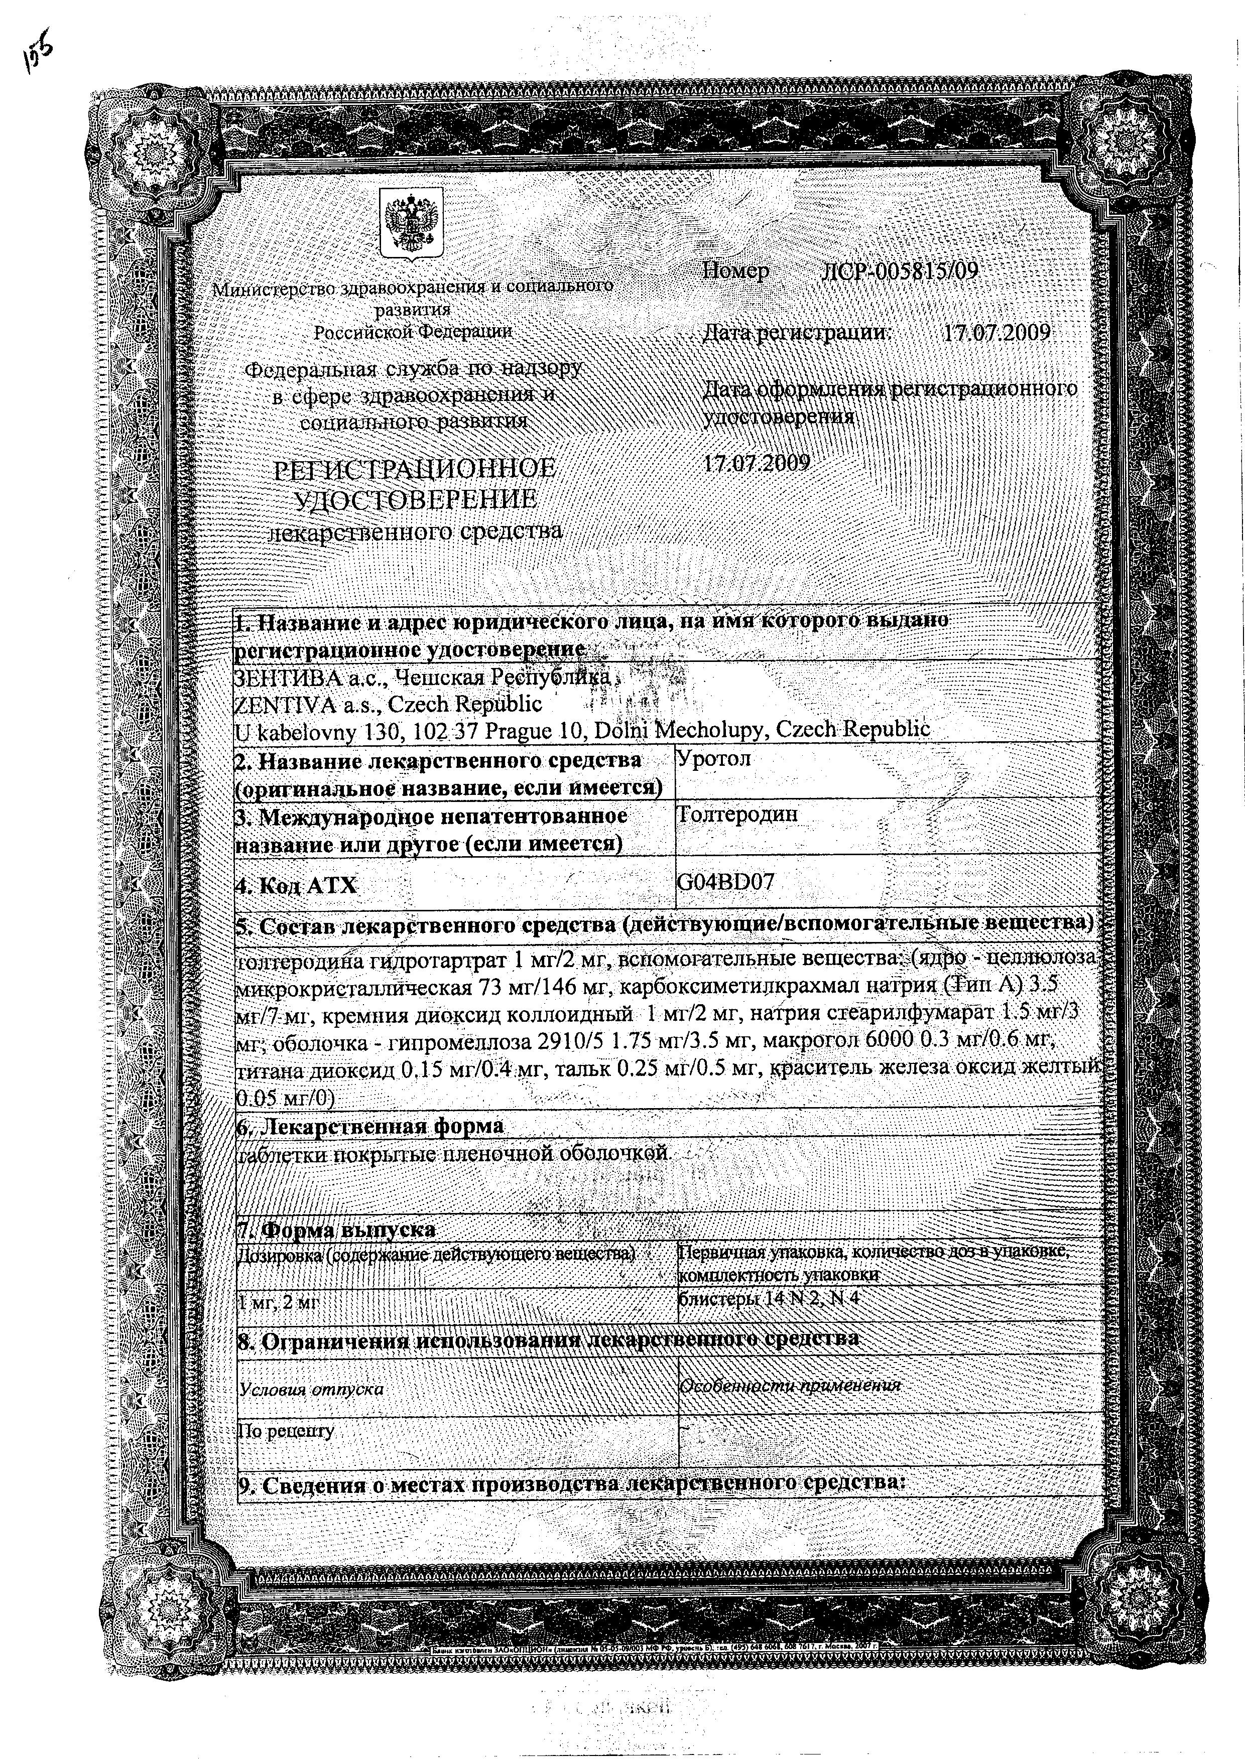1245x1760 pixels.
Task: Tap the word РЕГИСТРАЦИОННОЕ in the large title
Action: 415,468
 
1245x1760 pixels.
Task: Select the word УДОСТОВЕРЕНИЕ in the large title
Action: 416,500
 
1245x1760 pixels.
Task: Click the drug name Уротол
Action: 714,759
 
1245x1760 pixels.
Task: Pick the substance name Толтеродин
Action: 737,814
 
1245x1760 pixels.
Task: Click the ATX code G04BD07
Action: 725,882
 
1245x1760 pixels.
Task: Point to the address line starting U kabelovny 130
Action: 583,730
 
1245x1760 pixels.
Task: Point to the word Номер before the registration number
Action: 736,272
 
